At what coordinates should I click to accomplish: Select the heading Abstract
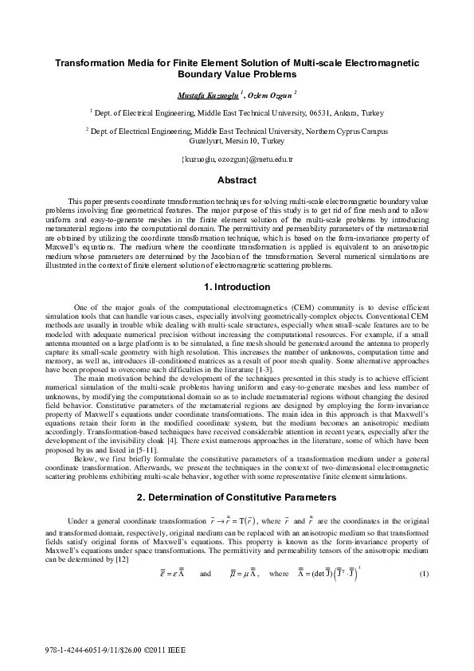pyautogui.click(x=237, y=180)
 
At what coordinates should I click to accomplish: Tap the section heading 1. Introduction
pyautogui.click(x=237, y=286)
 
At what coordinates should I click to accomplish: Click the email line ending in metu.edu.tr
pyautogui.click(x=237, y=159)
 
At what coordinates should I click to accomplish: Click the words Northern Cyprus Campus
pyautogui.click(x=348, y=129)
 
